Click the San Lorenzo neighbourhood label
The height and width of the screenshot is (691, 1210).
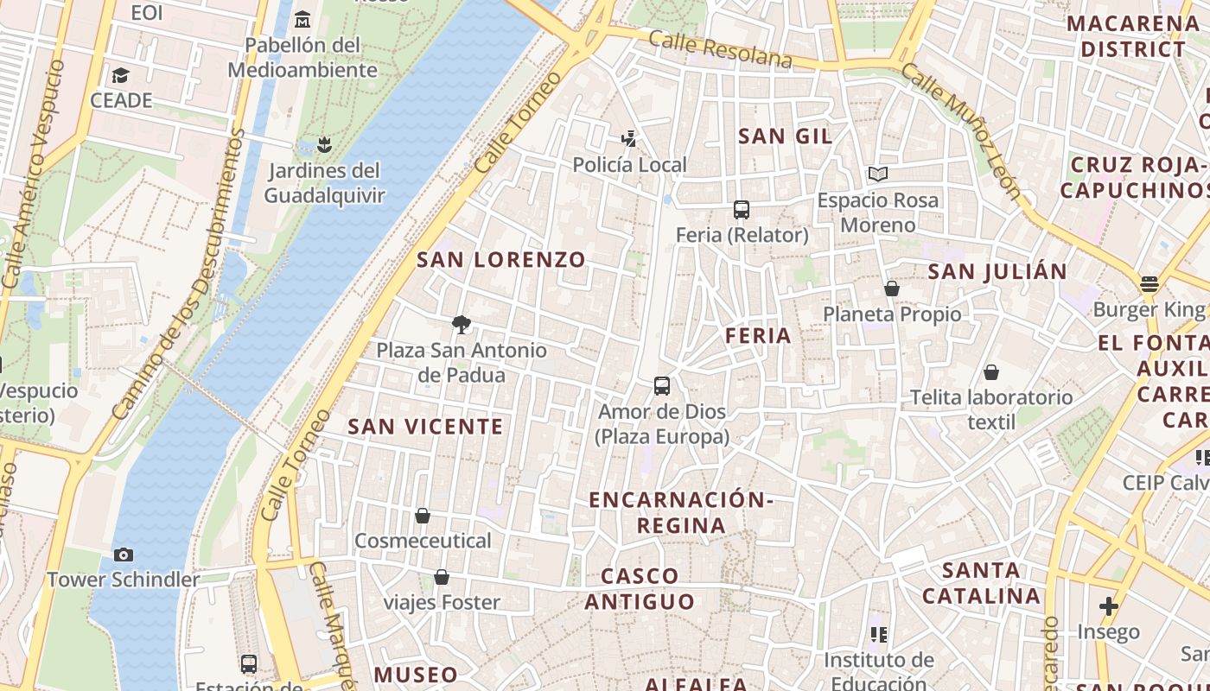click(501, 260)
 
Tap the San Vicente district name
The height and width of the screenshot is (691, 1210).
click(425, 427)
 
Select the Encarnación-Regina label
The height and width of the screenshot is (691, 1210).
click(681, 512)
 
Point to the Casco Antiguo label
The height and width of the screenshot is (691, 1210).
click(640, 589)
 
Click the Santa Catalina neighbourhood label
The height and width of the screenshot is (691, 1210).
click(981, 583)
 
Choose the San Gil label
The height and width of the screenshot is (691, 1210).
click(786, 136)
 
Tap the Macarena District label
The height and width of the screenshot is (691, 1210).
click(1132, 36)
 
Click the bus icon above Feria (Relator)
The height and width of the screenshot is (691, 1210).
click(741, 209)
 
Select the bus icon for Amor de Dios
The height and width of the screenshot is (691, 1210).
click(662, 386)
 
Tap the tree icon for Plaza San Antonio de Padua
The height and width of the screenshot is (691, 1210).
click(462, 325)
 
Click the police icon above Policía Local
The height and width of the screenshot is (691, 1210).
click(630, 138)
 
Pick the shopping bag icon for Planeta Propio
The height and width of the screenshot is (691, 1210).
click(892, 288)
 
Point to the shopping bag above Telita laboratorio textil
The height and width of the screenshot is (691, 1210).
click(991, 372)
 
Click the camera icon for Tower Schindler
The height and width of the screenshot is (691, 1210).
click(123, 555)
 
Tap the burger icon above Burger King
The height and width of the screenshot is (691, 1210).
click(1149, 284)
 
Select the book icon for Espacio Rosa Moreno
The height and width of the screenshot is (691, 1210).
click(878, 174)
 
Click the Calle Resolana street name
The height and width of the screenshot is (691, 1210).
click(720, 49)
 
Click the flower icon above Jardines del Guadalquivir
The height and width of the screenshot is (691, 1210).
click(324, 143)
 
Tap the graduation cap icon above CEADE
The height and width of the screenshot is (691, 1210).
click(120, 75)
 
